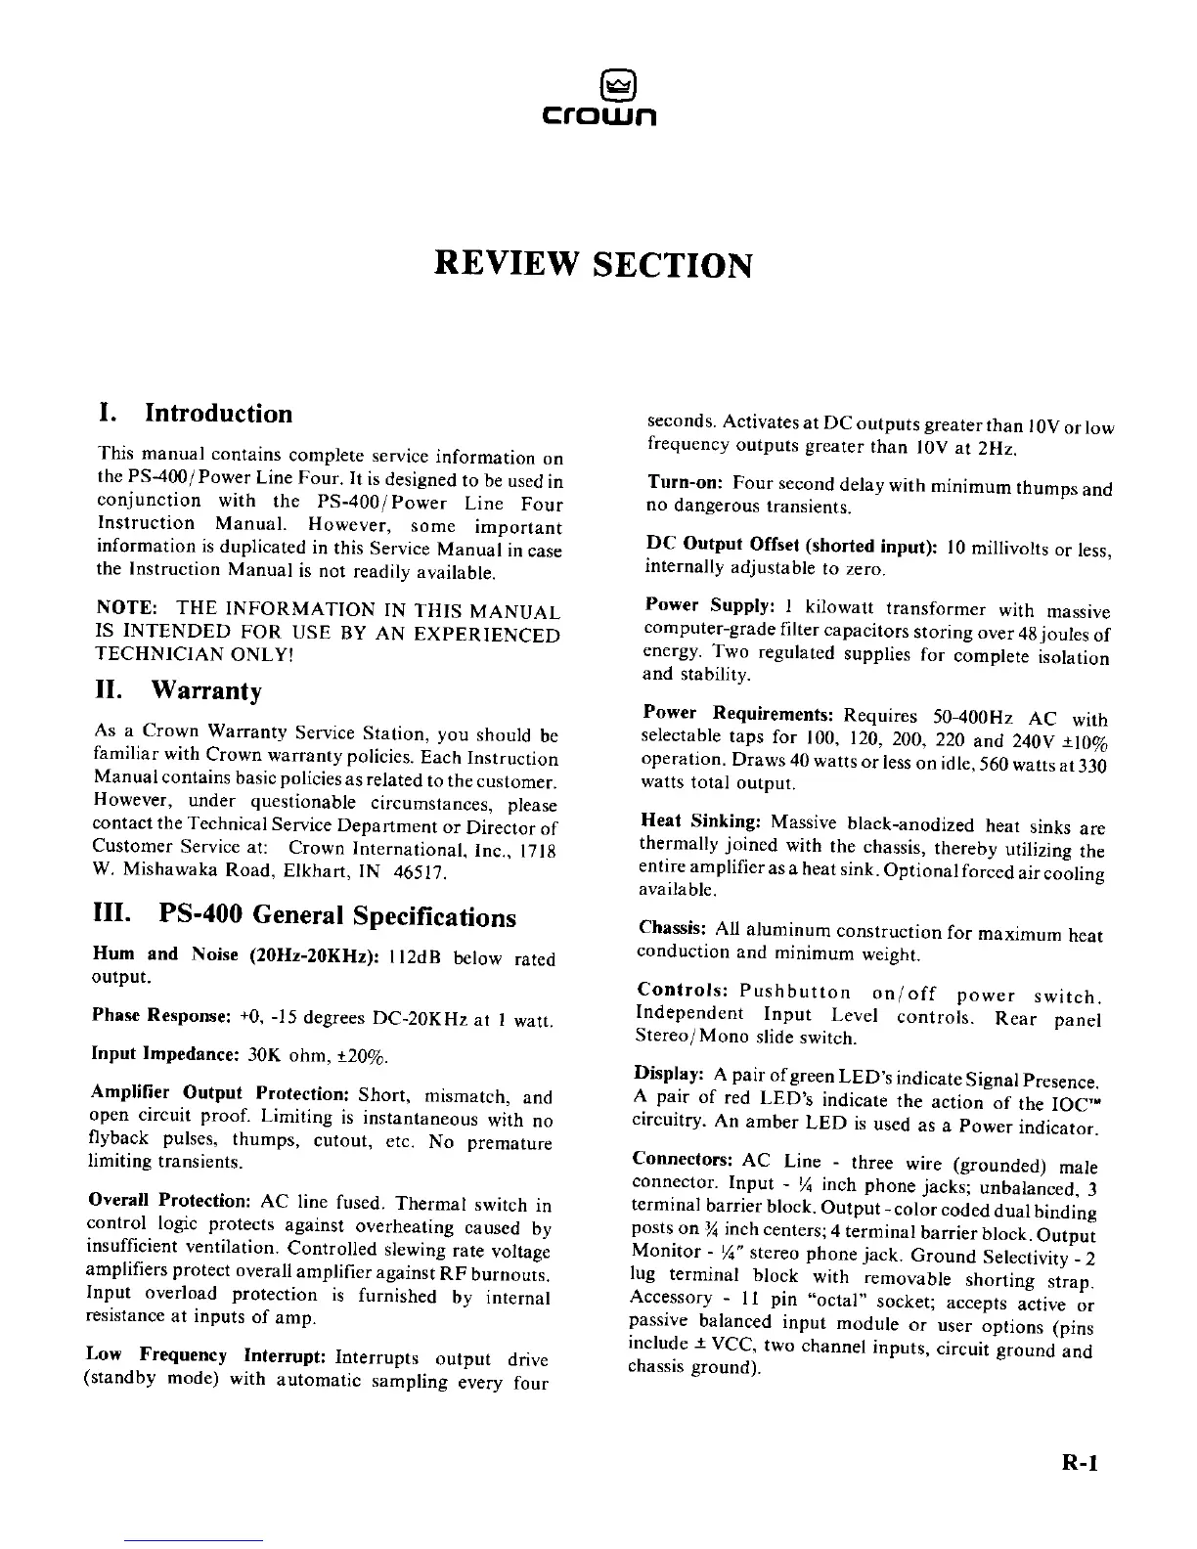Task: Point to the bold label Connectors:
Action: point(683,1161)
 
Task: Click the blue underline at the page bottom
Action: point(194,1541)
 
